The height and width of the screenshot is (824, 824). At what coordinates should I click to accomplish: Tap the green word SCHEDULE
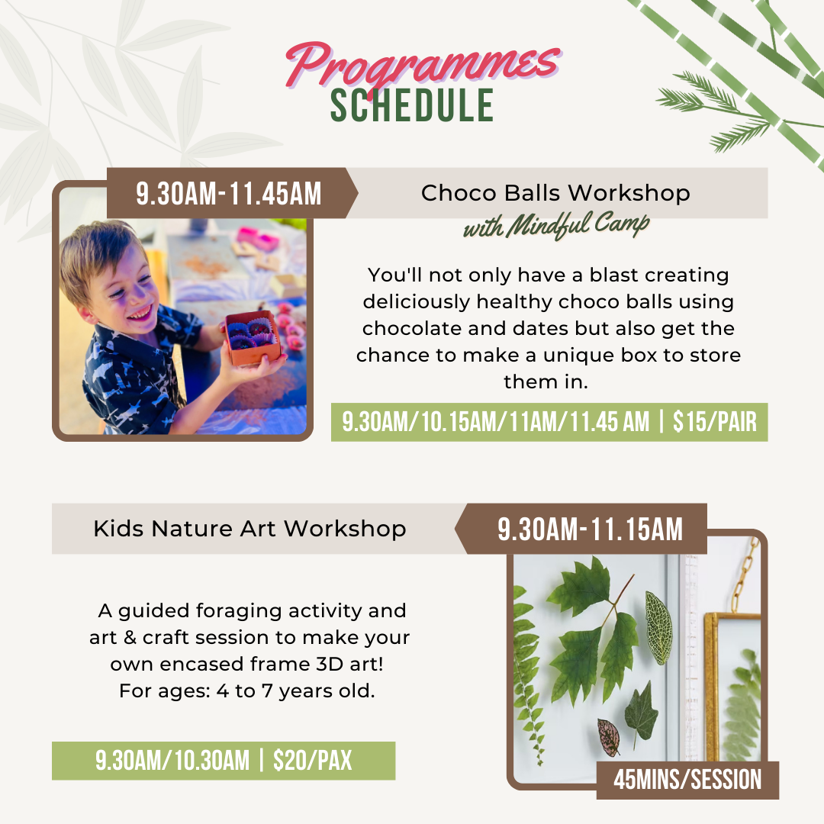[412, 105]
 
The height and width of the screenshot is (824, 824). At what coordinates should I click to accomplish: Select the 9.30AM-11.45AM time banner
[229, 193]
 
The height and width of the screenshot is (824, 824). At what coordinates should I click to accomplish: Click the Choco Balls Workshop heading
[555, 193]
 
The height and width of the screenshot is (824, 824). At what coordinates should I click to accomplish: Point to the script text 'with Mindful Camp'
[556, 225]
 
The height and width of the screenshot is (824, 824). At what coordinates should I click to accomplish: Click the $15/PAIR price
[715, 422]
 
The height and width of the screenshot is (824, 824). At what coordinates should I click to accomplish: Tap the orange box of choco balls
[253, 337]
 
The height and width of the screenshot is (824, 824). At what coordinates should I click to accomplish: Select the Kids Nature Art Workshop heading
[249, 529]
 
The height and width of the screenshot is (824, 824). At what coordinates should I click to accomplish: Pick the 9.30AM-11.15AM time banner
[590, 529]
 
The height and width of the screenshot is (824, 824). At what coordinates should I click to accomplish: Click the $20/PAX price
[312, 761]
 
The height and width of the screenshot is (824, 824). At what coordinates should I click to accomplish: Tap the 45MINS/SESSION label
[687, 780]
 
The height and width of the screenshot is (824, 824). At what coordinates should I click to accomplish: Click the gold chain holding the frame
[746, 574]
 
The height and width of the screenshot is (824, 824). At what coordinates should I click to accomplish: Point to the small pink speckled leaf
[609, 737]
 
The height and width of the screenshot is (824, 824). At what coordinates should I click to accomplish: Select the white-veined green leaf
[658, 627]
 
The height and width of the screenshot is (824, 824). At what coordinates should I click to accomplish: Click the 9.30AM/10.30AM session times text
[172, 761]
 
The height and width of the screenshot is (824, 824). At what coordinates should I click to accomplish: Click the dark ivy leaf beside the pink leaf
[641, 713]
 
